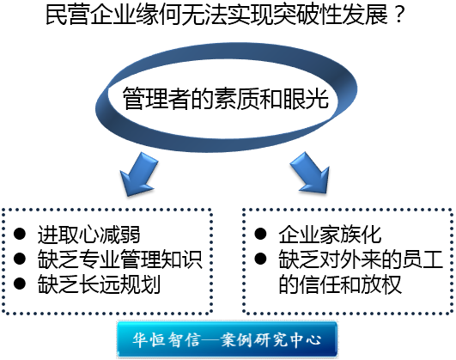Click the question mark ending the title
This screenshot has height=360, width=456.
point(400,15)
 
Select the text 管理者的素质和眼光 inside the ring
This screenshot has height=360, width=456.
point(225,98)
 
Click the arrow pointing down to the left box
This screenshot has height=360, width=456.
point(140,174)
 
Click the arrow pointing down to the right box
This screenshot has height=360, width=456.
point(310,173)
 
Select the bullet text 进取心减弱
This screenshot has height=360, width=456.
point(88,235)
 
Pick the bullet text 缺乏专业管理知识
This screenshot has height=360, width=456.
point(119,259)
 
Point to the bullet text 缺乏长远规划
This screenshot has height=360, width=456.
point(99,284)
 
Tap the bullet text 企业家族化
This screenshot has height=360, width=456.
point(330,235)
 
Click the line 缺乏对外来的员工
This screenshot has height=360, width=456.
point(361,259)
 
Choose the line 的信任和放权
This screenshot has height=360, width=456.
point(340,284)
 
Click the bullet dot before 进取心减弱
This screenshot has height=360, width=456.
point(20,234)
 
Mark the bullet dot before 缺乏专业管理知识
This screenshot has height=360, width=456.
point(20,259)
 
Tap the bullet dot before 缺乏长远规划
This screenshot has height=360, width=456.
point(20,284)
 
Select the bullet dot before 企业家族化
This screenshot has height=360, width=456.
point(260,234)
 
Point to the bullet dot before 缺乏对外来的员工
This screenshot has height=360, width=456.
point(260,259)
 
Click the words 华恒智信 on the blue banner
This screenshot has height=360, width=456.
point(167,339)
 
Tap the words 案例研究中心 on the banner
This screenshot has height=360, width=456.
point(271,339)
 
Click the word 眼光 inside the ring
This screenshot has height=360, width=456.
point(306,98)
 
